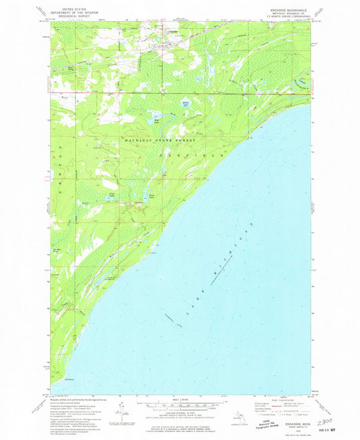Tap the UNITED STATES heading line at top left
73,11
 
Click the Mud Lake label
157,122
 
